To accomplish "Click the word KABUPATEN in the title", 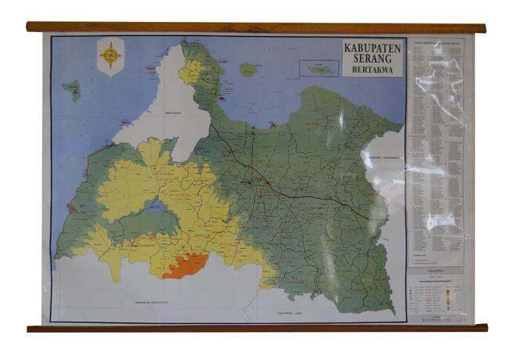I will (373, 47).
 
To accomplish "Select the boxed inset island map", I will (318, 67).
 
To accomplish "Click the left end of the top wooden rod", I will (31, 27).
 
